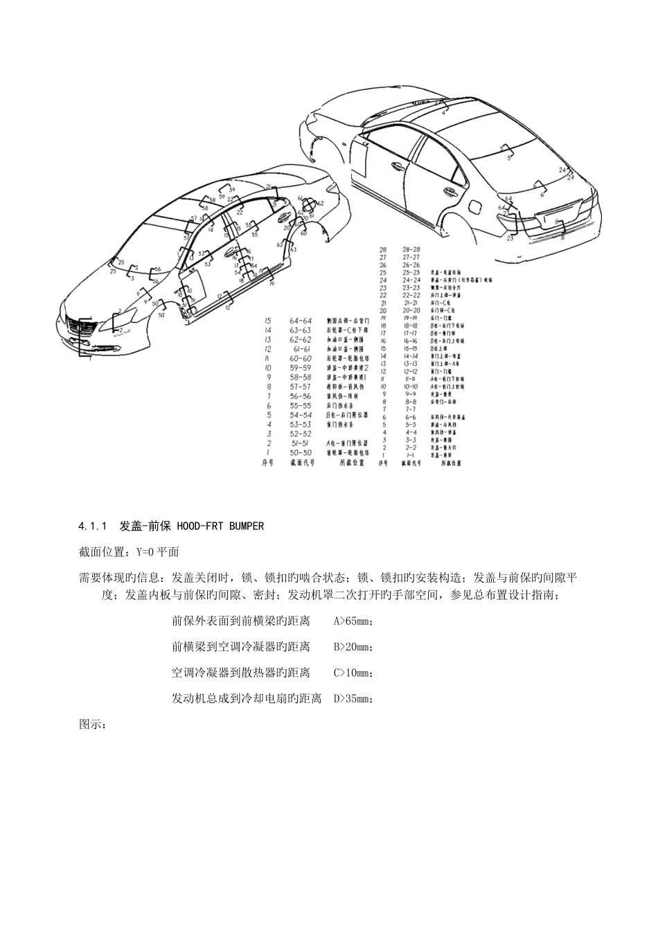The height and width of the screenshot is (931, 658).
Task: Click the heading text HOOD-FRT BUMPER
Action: (220, 526)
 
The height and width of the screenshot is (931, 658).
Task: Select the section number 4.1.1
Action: (93, 526)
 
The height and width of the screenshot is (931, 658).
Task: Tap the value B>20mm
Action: (353, 647)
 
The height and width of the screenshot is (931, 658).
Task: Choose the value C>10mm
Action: (353, 673)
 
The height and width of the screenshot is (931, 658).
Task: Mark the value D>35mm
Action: (354, 699)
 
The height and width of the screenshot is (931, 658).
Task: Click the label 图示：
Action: (92, 725)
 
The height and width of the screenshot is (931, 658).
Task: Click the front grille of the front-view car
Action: (82, 326)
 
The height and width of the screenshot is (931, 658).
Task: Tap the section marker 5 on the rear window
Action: (510, 157)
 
